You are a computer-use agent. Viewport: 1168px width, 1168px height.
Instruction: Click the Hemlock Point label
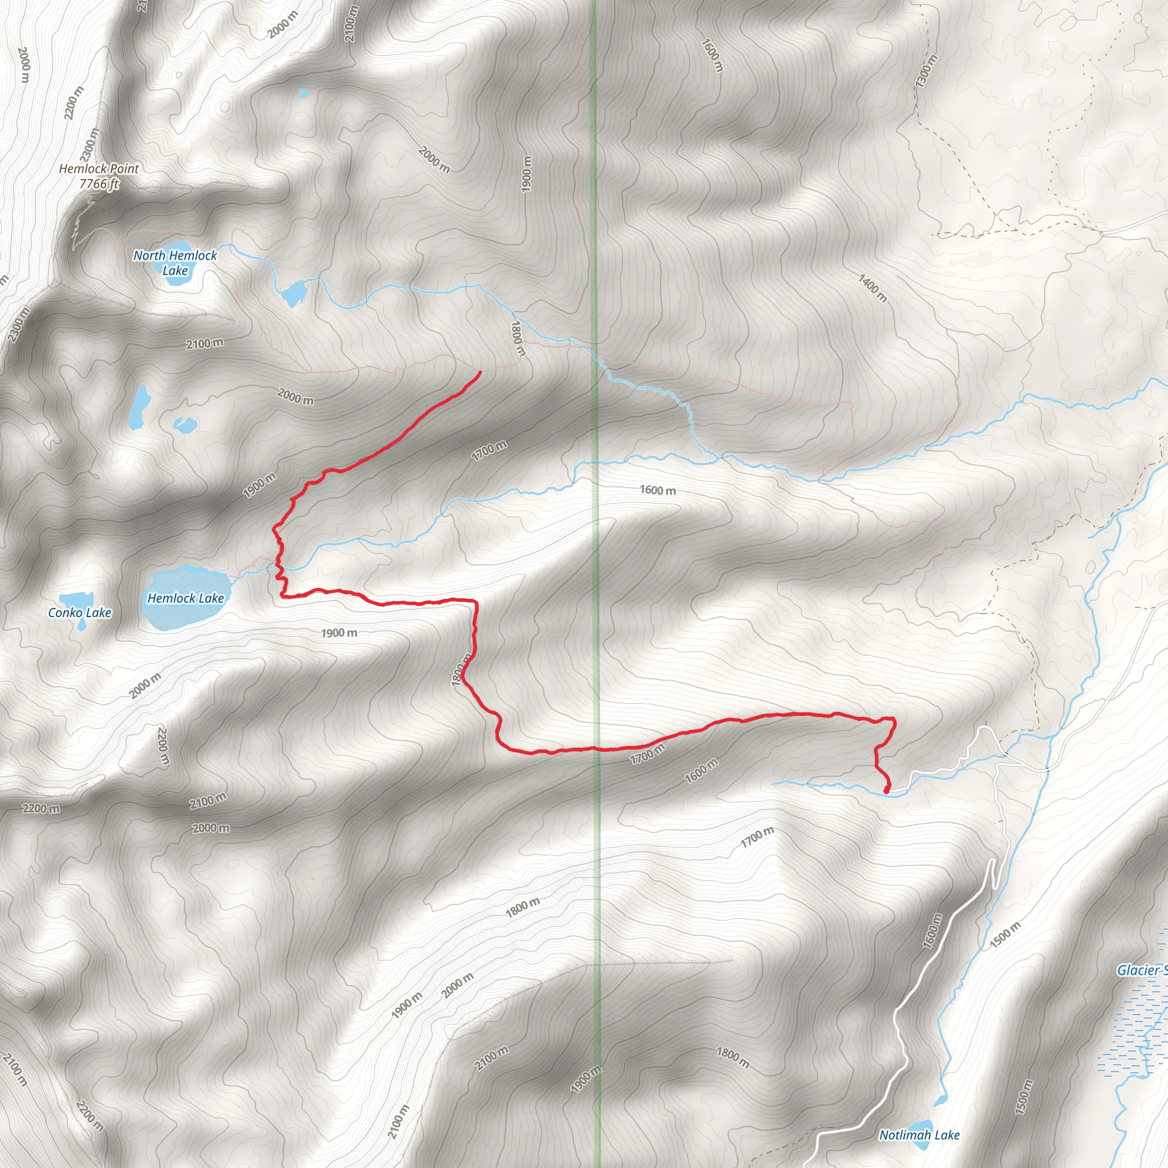[99, 169]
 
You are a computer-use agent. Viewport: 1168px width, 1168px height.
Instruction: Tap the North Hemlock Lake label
[175, 262]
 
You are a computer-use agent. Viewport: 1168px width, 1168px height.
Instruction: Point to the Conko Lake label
[80, 613]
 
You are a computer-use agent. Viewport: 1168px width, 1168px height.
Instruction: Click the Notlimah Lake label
[919, 1135]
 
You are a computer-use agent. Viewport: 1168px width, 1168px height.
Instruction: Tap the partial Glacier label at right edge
[1141, 970]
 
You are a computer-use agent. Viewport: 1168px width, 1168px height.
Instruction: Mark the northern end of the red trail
[480, 372]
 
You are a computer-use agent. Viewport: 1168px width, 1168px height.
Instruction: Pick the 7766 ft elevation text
[99, 184]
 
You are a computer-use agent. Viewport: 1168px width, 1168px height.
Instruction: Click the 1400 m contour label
[873, 288]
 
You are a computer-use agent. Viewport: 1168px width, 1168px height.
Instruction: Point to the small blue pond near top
[303, 94]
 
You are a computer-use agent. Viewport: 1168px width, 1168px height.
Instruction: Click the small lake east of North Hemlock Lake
[295, 293]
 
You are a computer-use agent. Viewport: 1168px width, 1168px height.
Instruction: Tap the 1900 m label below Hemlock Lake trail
[339, 633]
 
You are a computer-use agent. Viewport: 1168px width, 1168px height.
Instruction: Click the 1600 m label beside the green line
[658, 490]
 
